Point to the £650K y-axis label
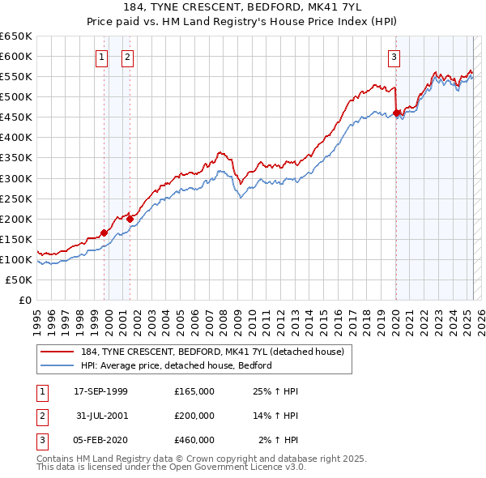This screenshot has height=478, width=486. click(x=16, y=36)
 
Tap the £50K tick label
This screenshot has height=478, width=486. click(x=19, y=280)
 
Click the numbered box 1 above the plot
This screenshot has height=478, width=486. click(x=101, y=57)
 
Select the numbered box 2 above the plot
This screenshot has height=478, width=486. click(x=128, y=57)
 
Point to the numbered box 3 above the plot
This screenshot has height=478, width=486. click(x=394, y=57)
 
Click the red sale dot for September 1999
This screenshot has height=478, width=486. click(x=104, y=233)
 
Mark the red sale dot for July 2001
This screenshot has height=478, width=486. click(x=130, y=218)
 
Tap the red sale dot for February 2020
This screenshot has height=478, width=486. click(x=396, y=113)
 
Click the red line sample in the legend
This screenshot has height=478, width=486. click(x=58, y=352)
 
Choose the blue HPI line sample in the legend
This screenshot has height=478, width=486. click(x=58, y=365)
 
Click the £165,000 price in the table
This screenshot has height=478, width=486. click(x=194, y=391)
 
